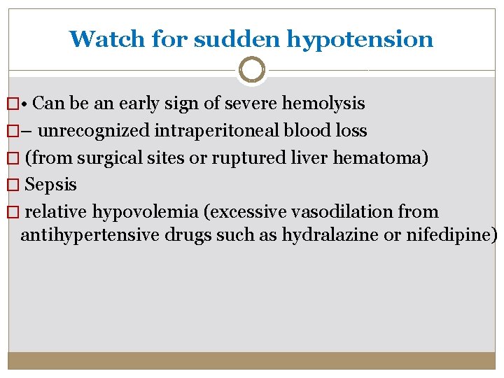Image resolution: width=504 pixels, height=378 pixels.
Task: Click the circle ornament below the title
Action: pos(251,70)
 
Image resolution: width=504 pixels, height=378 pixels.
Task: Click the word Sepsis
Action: pos(51,185)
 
